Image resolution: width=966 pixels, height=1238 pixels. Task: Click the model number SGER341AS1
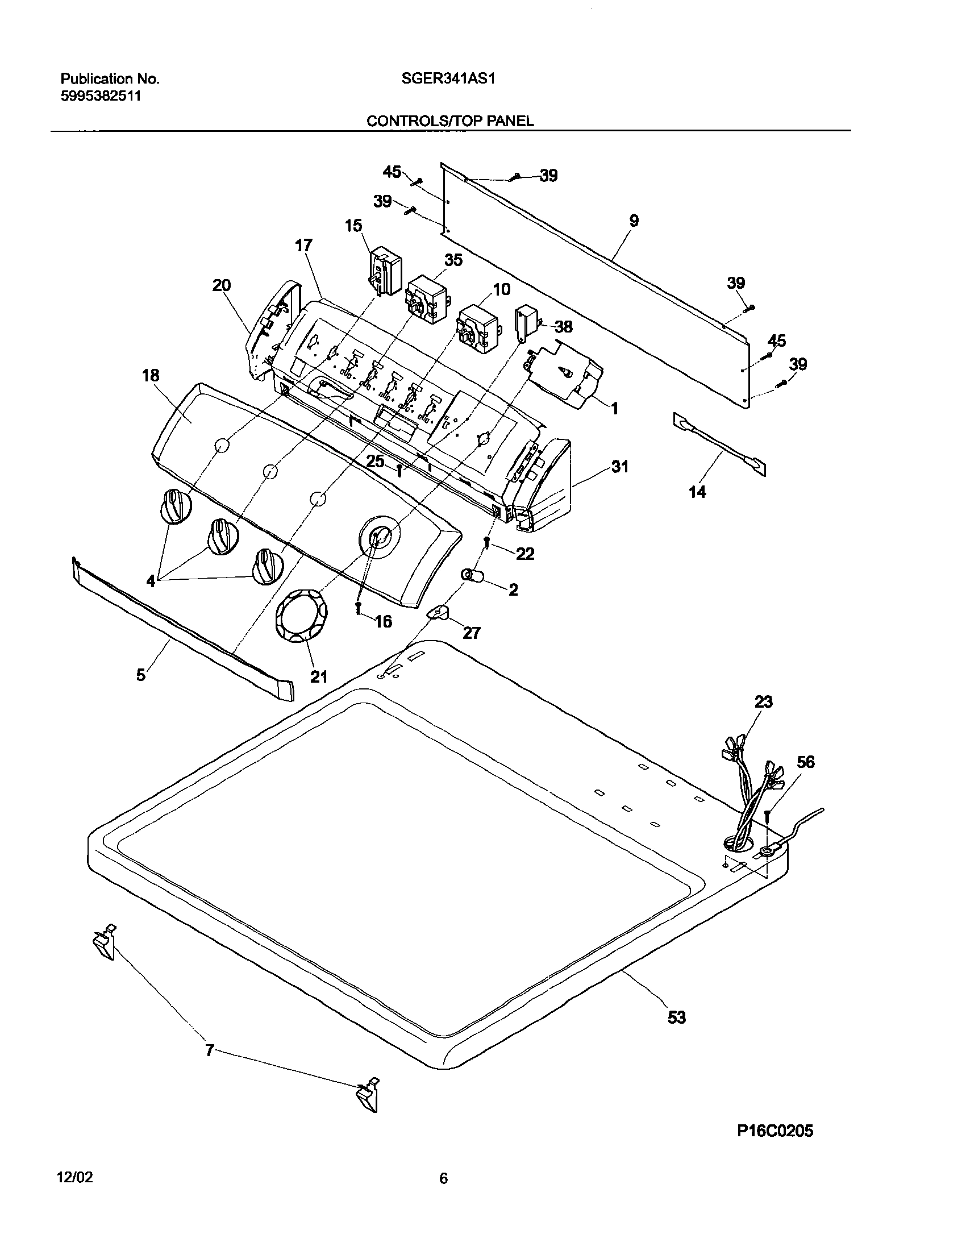pyautogui.click(x=448, y=79)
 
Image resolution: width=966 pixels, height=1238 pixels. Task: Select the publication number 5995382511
pyautogui.click(x=101, y=96)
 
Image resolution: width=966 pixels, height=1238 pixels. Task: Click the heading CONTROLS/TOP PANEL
pyautogui.click(x=450, y=121)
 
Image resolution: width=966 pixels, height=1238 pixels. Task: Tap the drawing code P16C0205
pyautogui.click(x=775, y=1115)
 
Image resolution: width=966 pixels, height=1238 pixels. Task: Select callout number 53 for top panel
pyautogui.click(x=676, y=1017)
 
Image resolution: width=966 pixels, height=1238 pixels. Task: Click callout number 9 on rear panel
pyautogui.click(x=634, y=221)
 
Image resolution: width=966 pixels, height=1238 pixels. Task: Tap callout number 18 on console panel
pyautogui.click(x=151, y=376)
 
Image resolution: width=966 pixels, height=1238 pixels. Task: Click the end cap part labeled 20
pyautogui.click(x=273, y=330)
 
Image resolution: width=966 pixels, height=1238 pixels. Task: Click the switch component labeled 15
pyautogui.click(x=385, y=273)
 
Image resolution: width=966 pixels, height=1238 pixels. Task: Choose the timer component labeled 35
pyautogui.click(x=426, y=300)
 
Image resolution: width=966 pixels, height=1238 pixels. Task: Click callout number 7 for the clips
pyautogui.click(x=209, y=1051)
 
